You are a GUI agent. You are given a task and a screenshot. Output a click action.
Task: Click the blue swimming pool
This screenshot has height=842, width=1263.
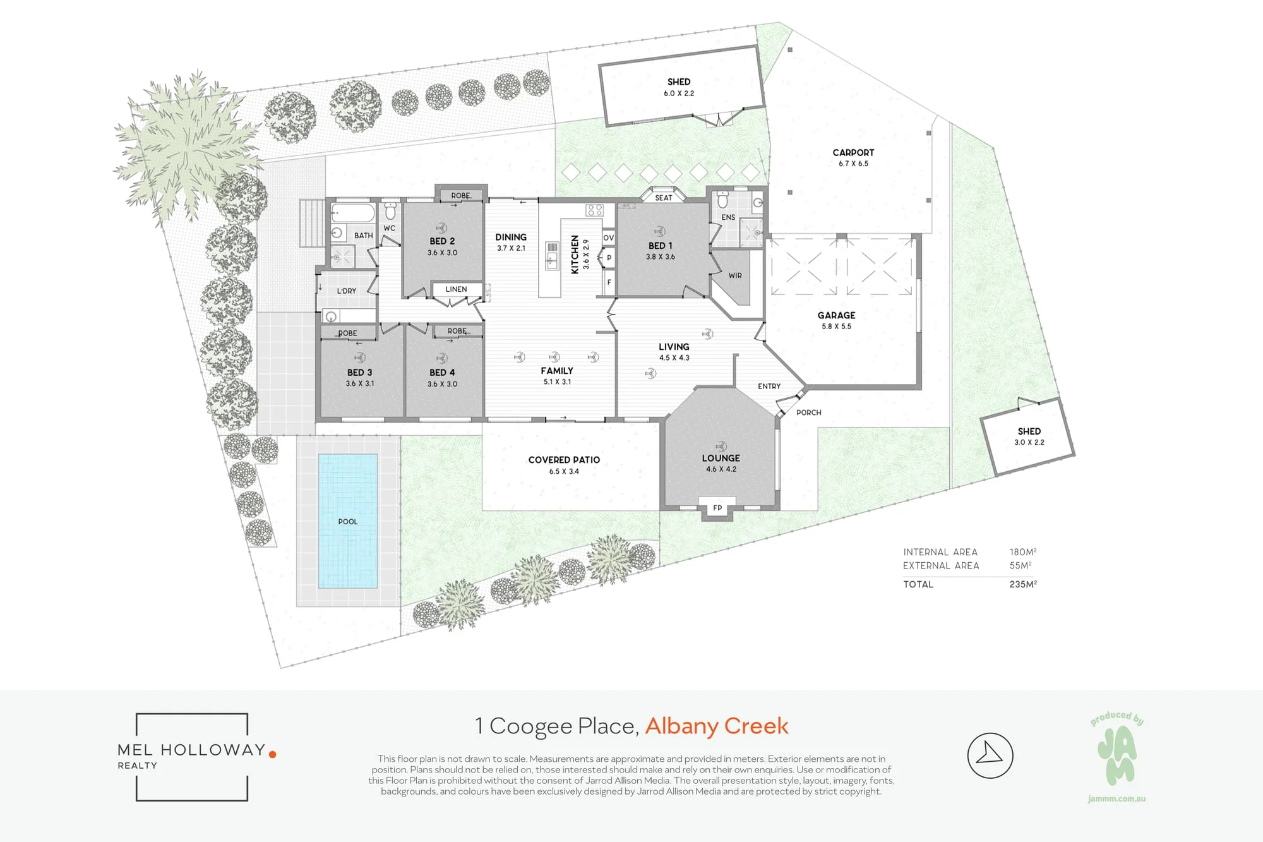click(x=348, y=521)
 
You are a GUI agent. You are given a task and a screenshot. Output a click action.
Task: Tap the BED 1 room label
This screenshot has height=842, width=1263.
click(x=660, y=246)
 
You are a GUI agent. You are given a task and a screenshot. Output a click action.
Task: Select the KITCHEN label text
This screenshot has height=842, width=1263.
click(x=575, y=255)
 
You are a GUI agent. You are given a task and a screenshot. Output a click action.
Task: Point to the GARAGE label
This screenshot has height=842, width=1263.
click(x=836, y=315)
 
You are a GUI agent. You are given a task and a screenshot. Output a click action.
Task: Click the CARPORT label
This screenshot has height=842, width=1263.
click(x=853, y=152)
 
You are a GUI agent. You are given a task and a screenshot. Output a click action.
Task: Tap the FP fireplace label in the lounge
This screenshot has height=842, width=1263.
click(x=717, y=508)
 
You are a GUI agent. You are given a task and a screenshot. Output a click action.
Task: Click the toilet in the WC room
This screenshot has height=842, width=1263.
click(x=390, y=210)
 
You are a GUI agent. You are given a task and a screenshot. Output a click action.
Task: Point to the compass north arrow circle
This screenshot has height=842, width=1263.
click(x=990, y=755)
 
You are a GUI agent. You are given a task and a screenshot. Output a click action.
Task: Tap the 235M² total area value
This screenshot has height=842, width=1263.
click(x=1023, y=584)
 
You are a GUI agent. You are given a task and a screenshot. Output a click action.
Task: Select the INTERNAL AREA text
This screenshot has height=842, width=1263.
click(x=940, y=552)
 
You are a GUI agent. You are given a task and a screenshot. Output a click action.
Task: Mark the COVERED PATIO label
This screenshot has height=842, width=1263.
click(x=564, y=460)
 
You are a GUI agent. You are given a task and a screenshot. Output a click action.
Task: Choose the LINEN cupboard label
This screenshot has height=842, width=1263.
click(x=456, y=289)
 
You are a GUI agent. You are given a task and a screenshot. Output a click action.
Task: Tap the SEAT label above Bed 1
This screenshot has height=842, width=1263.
click(x=664, y=198)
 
